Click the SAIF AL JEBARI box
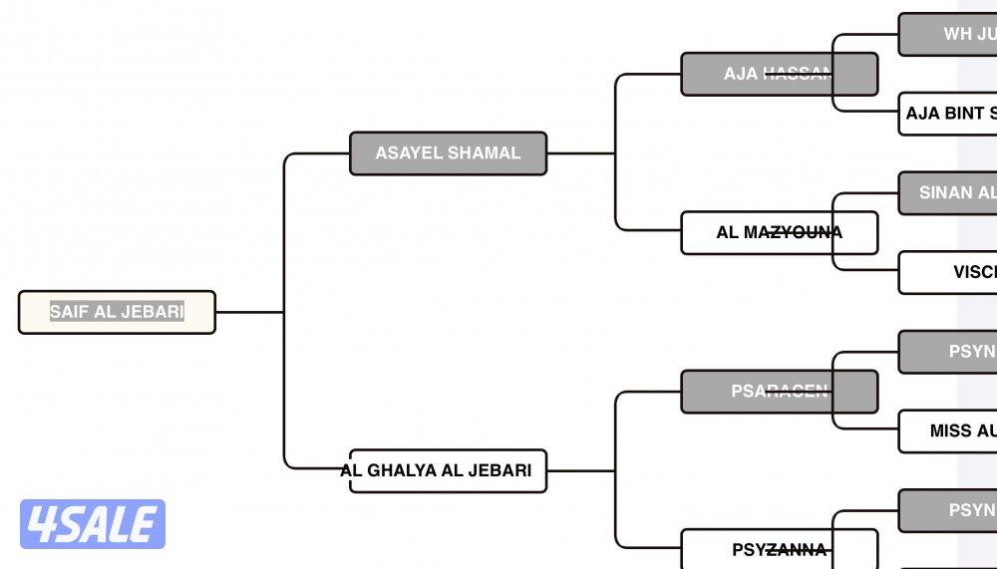pos(117,312)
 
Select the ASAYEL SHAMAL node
pos(448,153)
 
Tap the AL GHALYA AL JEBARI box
pos(448,470)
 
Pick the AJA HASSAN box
pos(779,74)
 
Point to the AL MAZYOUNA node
pos(779,232)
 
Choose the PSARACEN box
pos(779,392)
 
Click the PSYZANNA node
pos(779,549)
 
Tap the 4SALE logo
pos(93,524)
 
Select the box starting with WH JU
pos(948,34)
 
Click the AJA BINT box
pos(948,114)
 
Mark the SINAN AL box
pos(948,192)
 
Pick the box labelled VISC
pos(948,272)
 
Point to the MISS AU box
pos(948,431)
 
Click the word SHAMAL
pos(485,153)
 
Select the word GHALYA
pos(403,470)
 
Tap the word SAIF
pos(69,312)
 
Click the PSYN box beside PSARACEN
pos(948,352)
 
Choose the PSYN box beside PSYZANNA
pos(948,510)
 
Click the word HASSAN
pos(797,74)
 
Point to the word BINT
pos(964,114)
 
